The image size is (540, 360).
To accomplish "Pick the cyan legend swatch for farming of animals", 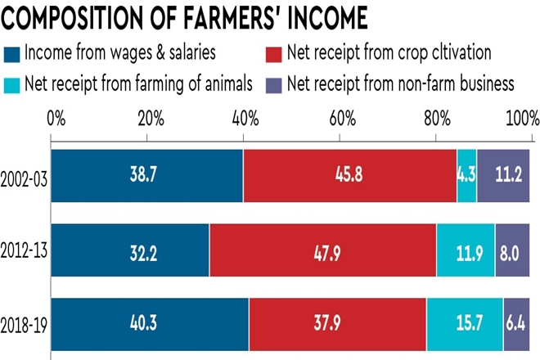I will tap(13, 83).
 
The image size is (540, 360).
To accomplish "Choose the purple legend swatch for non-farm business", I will tap(275, 83).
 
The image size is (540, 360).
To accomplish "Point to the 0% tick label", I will tap(56, 120).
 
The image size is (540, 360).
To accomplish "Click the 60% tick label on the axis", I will tap(341, 120).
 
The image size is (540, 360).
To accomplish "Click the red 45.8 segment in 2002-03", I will tap(350, 176).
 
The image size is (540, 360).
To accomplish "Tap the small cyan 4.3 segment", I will tap(467, 176).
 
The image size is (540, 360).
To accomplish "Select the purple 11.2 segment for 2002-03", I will tap(503, 176).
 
